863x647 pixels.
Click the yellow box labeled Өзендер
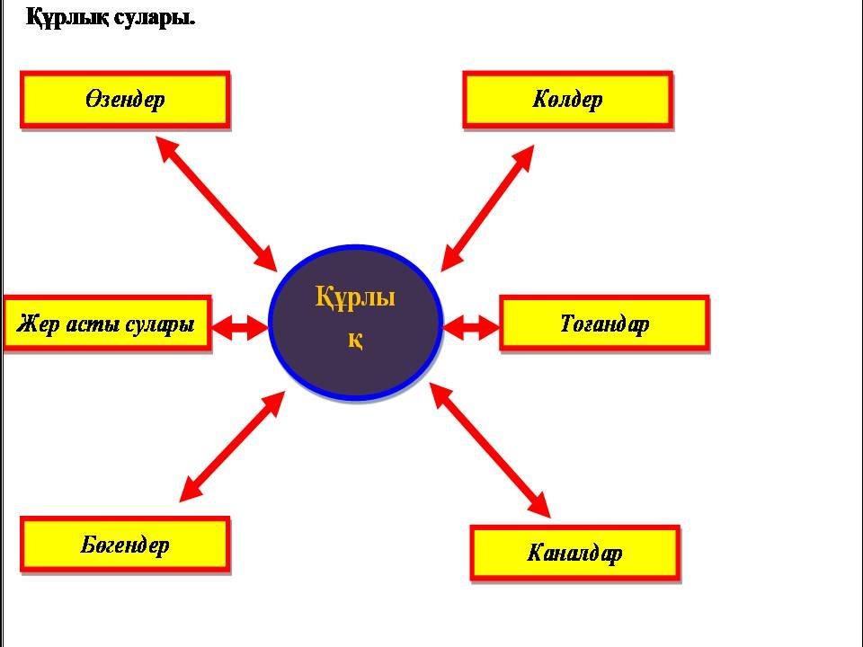click(125, 100)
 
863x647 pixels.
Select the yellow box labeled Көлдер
click(567, 100)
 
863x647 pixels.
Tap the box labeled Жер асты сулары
click(106, 323)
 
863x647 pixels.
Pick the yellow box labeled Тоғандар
click(604, 323)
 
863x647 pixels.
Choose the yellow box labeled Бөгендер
click(125, 545)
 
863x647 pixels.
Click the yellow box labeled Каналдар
click(574, 552)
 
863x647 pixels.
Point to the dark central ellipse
click(356, 321)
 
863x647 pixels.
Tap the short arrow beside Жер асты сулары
click(241, 328)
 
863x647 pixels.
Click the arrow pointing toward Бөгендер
click(232, 446)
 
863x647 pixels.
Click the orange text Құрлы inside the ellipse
click(356, 296)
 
